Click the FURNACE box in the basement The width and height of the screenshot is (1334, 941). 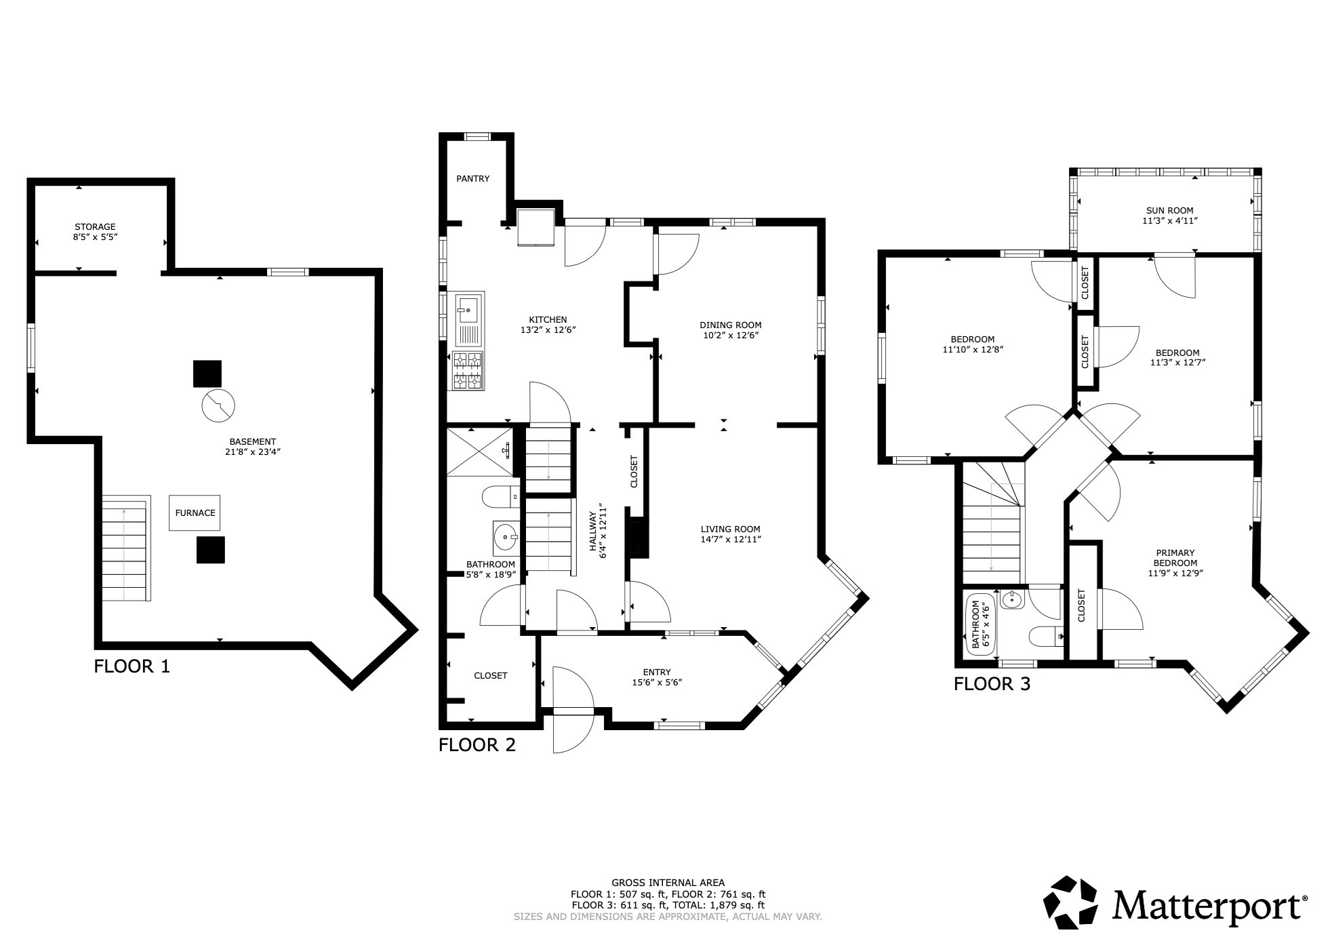point(195,513)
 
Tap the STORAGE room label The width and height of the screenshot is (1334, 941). point(95,227)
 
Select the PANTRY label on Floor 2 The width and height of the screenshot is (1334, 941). point(472,179)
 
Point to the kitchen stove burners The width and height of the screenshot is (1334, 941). point(468,370)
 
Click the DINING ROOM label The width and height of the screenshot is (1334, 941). point(730,325)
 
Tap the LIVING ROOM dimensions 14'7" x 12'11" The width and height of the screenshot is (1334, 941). point(731,540)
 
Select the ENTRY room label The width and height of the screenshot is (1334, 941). point(656,673)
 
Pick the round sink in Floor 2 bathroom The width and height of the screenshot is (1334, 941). point(504,537)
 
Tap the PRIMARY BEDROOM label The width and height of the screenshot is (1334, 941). point(1175,558)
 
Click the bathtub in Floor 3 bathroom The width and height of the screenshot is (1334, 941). point(981,624)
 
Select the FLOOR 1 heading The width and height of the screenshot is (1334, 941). point(132,666)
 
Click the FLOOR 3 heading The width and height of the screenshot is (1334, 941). point(992,684)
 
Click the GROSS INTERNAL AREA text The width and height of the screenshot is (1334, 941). point(668,883)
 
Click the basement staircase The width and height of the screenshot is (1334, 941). point(125,549)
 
